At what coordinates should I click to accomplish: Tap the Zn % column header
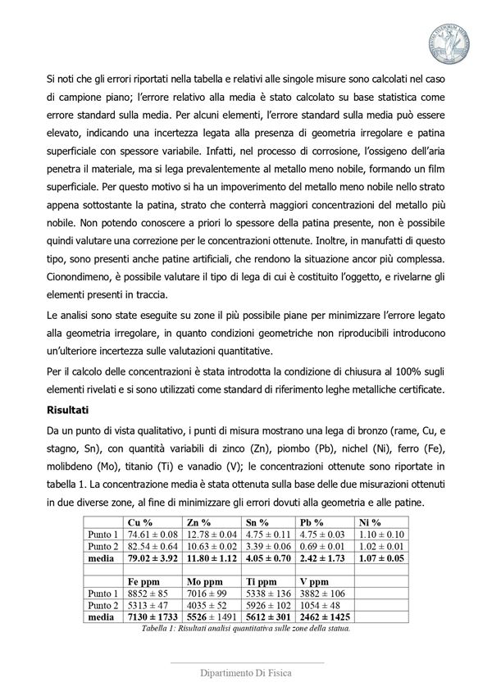(x=199, y=521)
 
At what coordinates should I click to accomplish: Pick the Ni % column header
(x=370, y=521)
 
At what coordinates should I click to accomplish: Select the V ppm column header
(x=319, y=581)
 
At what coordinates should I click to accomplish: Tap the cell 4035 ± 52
(x=209, y=606)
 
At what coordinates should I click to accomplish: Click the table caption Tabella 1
(x=246, y=629)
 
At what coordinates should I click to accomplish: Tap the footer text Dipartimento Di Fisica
(x=247, y=672)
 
